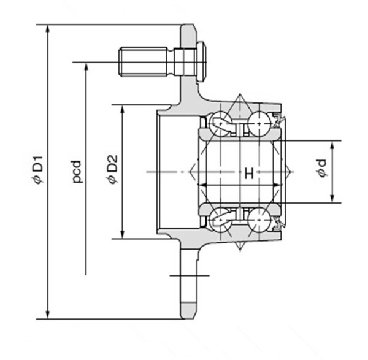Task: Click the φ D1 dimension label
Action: [37, 172]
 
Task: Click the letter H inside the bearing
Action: [248, 174]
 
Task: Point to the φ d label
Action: [322, 172]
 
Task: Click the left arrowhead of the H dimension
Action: [202, 183]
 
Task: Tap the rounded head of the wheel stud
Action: [202, 61]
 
